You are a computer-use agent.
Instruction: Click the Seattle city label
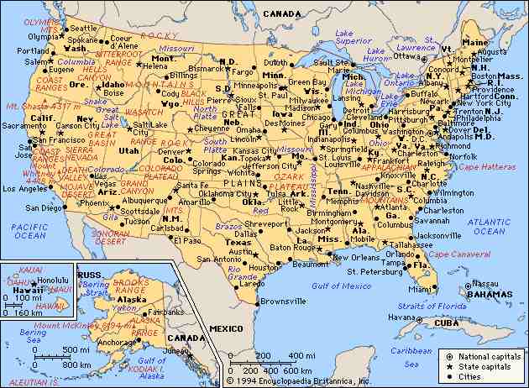coord(83,29)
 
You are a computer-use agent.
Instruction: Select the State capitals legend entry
coord(481,367)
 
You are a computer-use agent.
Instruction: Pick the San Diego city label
coord(44,207)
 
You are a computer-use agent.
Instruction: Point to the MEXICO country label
coord(226,327)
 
